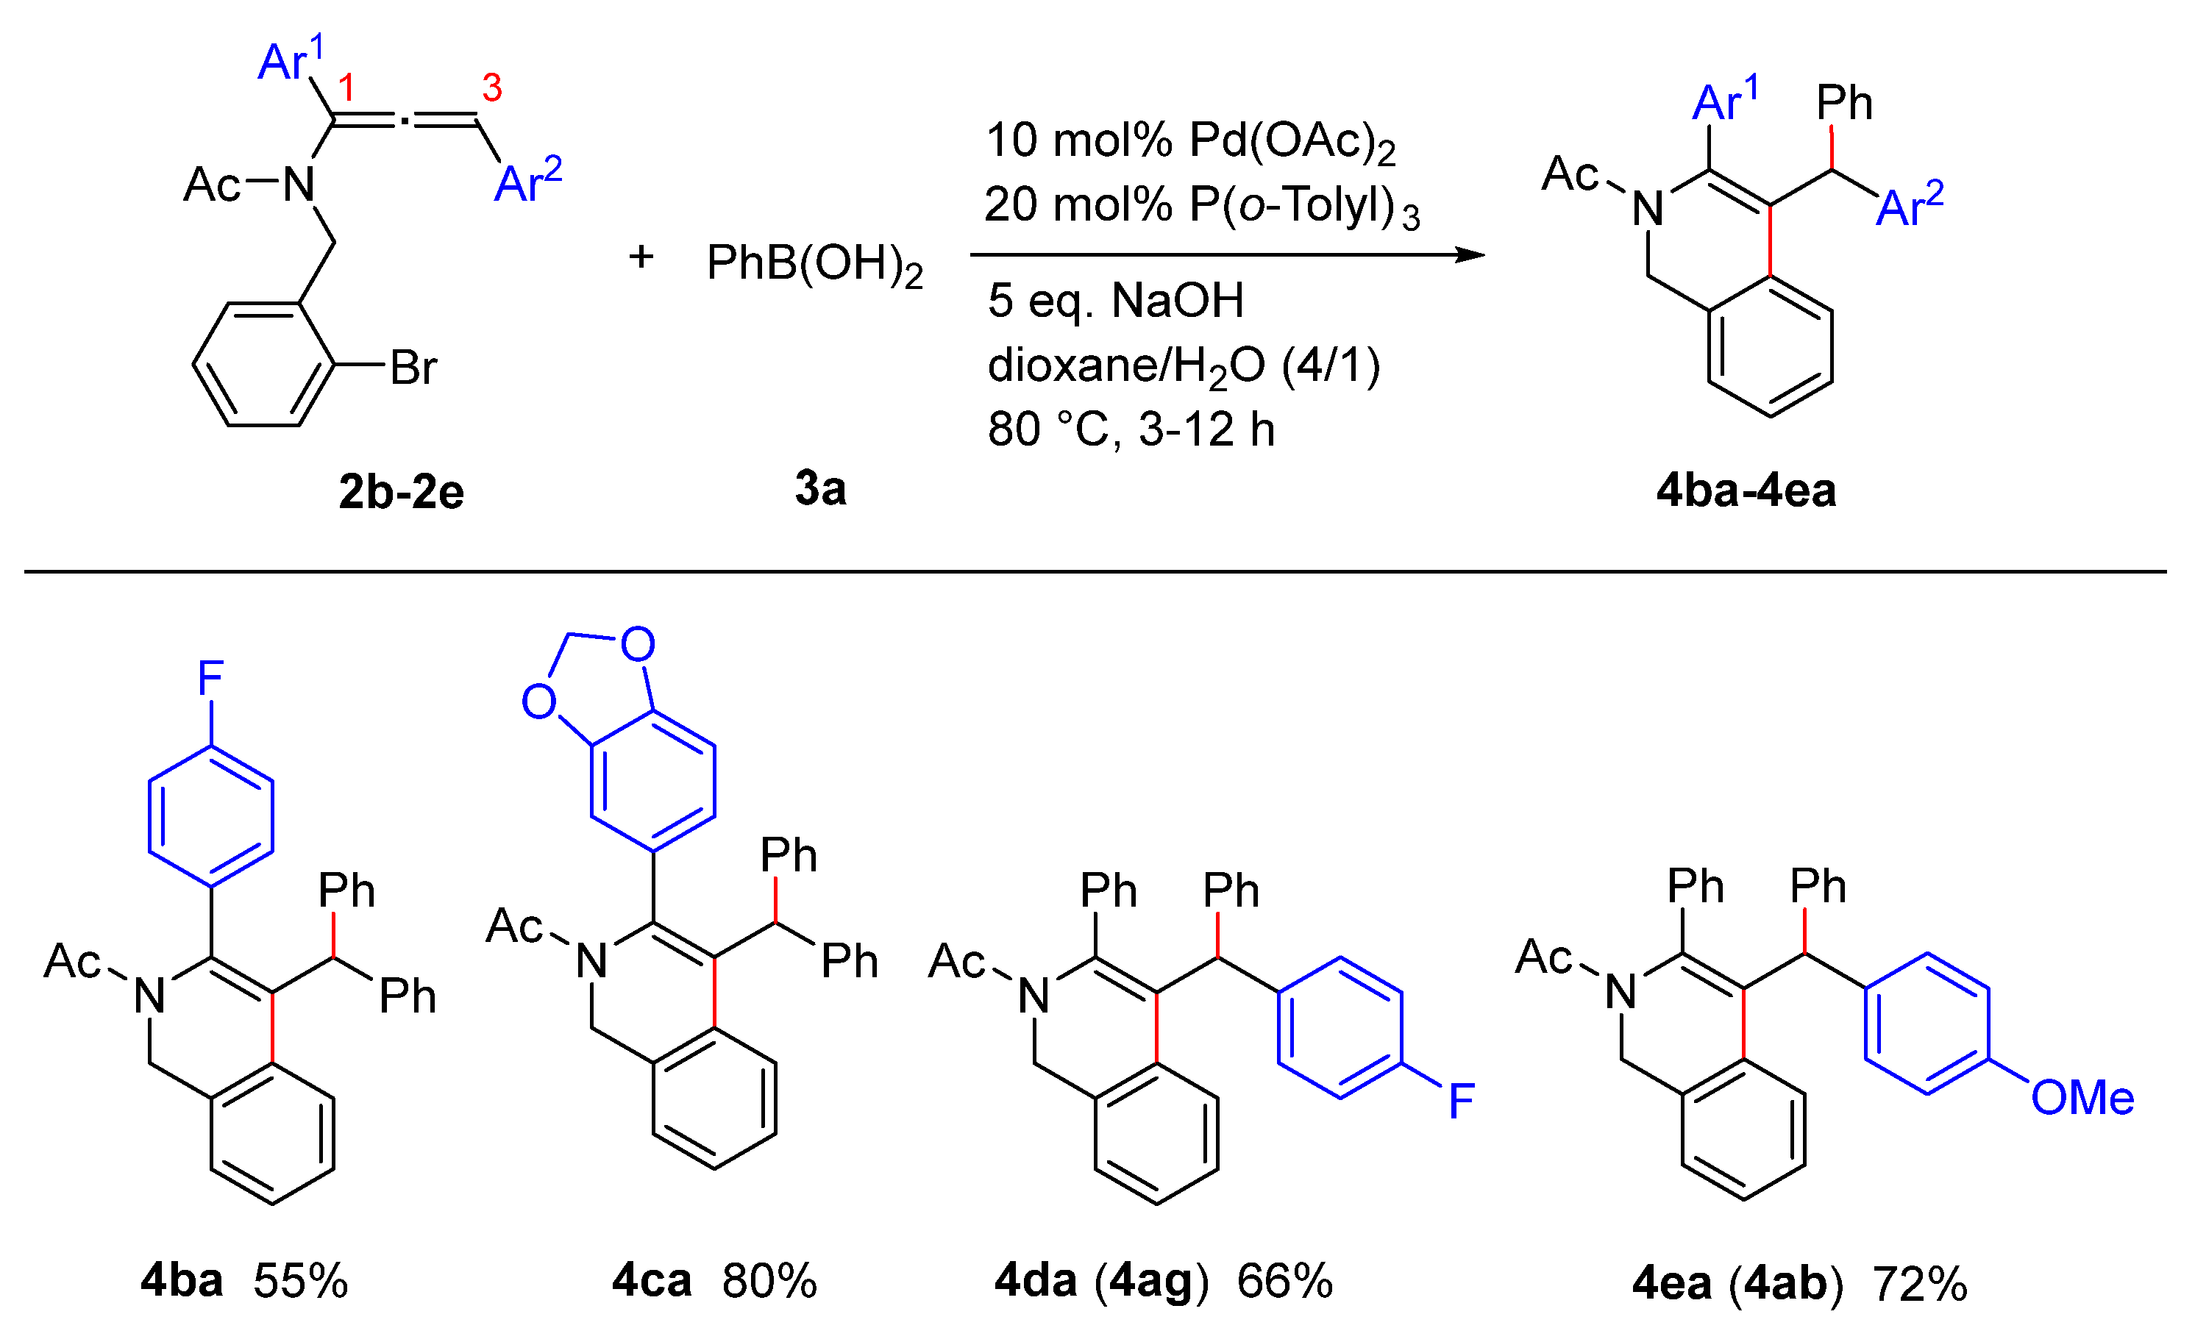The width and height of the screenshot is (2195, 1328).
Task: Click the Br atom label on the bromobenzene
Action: click(x=413, y=367)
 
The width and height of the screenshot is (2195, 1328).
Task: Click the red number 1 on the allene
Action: click(x=346, y=88)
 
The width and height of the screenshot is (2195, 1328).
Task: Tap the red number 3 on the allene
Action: click(x=491, y=88)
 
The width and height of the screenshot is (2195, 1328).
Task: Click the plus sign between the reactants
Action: click(x=641, y=257)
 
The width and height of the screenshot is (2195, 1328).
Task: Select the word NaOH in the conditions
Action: click(x=1177, y=300)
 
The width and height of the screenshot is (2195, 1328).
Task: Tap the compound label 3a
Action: click(x=819, y=488)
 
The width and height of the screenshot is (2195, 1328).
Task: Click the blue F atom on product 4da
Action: click(x=1461, y=1101)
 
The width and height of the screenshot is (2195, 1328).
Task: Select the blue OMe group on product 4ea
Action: click(x=2082, y=1097)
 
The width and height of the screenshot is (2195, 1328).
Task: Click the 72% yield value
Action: click(x=1919, y=1285)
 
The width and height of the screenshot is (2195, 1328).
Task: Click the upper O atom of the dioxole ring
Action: click(x=637, y=644)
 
